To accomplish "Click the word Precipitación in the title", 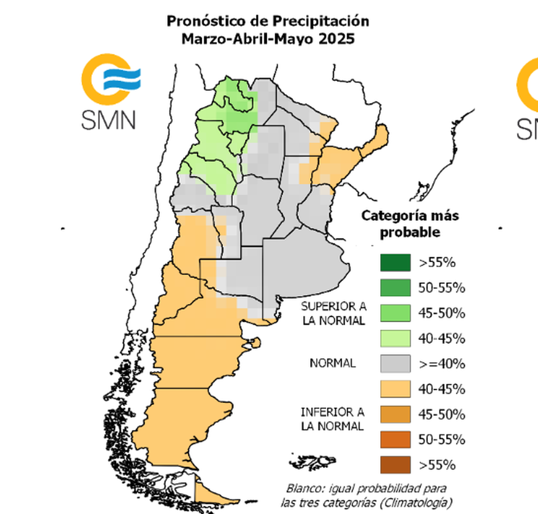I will click(321, 21).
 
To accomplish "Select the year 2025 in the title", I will click(336, 39).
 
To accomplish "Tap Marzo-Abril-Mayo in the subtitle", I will click(247, 39).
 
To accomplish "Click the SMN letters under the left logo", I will click(108, 120).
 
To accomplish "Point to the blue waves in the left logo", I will click(122, 79).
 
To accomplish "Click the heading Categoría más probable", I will click(410, 224).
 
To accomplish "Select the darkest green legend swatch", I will click(395, 263).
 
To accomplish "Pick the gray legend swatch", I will click(395, 363).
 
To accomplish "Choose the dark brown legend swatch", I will click(395, 465).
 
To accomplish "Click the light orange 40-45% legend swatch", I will click(395, 389).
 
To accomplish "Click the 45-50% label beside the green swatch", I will click(442, 313).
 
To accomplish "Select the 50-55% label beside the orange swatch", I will click(442, 440).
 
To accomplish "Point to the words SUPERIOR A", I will click(334, 307).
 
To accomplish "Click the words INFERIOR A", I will click(332, 412).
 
